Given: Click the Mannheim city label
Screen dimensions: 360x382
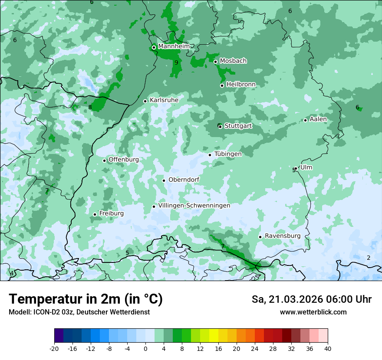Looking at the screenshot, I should tap(174, 46).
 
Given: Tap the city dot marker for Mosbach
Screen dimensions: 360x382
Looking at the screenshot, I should tap(215, 62).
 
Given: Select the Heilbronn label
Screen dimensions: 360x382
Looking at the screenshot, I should tap(241, 85).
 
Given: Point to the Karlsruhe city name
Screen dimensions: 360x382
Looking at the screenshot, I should tap(164, 100).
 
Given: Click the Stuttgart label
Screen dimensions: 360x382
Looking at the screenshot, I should tap(238, 126).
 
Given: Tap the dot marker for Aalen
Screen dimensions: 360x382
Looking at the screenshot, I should tap(306, 120).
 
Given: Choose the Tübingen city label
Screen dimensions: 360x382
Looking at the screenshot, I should tap(228, 154).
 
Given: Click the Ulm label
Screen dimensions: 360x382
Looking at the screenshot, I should tap(306, 167).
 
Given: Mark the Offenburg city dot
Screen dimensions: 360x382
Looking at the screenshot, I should tap(104, 160).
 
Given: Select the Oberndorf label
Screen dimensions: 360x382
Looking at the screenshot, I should tap(184, 180).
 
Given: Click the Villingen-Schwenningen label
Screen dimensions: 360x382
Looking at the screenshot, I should tap(194, 206).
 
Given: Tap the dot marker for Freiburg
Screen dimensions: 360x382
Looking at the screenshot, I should tap(95, 214).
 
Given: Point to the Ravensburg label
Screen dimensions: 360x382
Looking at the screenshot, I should tap(283, 236).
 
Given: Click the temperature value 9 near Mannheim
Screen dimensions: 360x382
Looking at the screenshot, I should tap(176, 62).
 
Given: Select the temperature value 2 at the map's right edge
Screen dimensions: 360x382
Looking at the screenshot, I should tap(369, 258).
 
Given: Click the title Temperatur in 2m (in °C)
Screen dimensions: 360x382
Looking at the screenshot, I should tap(86, 299).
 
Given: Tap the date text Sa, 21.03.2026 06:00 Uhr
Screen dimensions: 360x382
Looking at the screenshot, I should tap(311, 299).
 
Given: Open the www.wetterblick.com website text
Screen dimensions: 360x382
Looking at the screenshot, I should tap(313, 312).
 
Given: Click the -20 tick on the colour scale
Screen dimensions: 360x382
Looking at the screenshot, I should tap(54, 349).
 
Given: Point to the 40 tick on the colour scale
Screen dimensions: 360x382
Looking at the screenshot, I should tap(328, 349).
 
